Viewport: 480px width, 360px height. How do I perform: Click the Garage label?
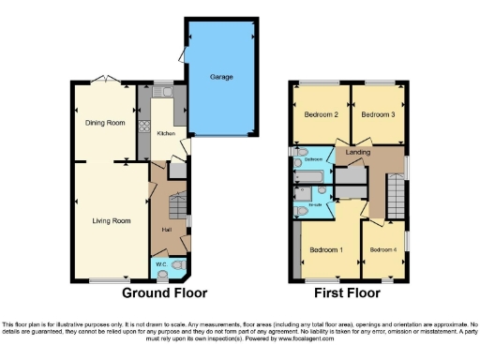[x=221, y=77]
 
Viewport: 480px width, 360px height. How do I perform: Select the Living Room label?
[x=110, y=221]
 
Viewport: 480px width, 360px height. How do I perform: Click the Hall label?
[x=166, y=230]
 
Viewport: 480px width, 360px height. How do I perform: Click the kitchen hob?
[x=145, y=126]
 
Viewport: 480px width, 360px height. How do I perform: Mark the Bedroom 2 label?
[x=321, y=115]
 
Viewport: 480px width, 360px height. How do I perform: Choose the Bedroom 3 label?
[x=377, y=115]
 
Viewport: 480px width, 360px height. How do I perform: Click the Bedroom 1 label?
[x=326, y=250]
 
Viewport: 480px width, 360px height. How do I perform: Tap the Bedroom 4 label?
[x=383, y=250]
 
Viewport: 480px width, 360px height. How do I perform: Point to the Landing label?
[x=357, y=152]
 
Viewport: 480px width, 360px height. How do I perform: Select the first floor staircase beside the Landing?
[x=395, y=197]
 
